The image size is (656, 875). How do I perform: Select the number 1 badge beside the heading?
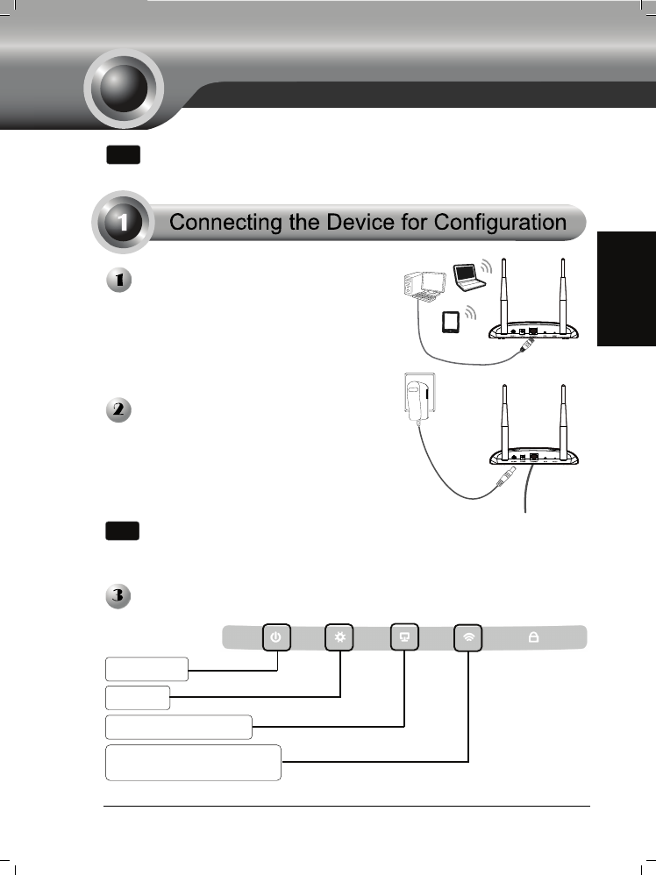click(x=125, y=223)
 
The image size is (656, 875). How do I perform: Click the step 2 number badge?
click(x=118, y=410)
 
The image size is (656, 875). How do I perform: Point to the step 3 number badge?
click(x=118, y=596)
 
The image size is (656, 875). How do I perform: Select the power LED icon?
click(x=276, y=637)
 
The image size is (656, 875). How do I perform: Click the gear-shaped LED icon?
click(x=339, y=637)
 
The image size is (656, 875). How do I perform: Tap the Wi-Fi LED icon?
click(x=469, y=637)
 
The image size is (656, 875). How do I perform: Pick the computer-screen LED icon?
click(x=404, y=637)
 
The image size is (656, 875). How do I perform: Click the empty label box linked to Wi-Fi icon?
click(x=193, y=762)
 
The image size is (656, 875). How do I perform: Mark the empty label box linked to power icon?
click(x=146, y=669)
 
